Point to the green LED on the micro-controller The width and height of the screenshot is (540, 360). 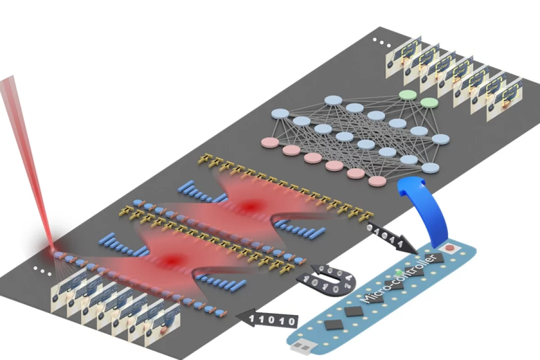click(x=398, y=273)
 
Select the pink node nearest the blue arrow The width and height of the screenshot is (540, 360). click(x=377, y=181)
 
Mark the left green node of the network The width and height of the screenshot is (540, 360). click(x=408, y=95)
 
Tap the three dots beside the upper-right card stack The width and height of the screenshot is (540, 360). click(x=381, y=44)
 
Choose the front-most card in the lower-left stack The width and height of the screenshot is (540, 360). click(x=162, y=328)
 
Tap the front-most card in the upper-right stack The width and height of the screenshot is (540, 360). click(x=504, y=102)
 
